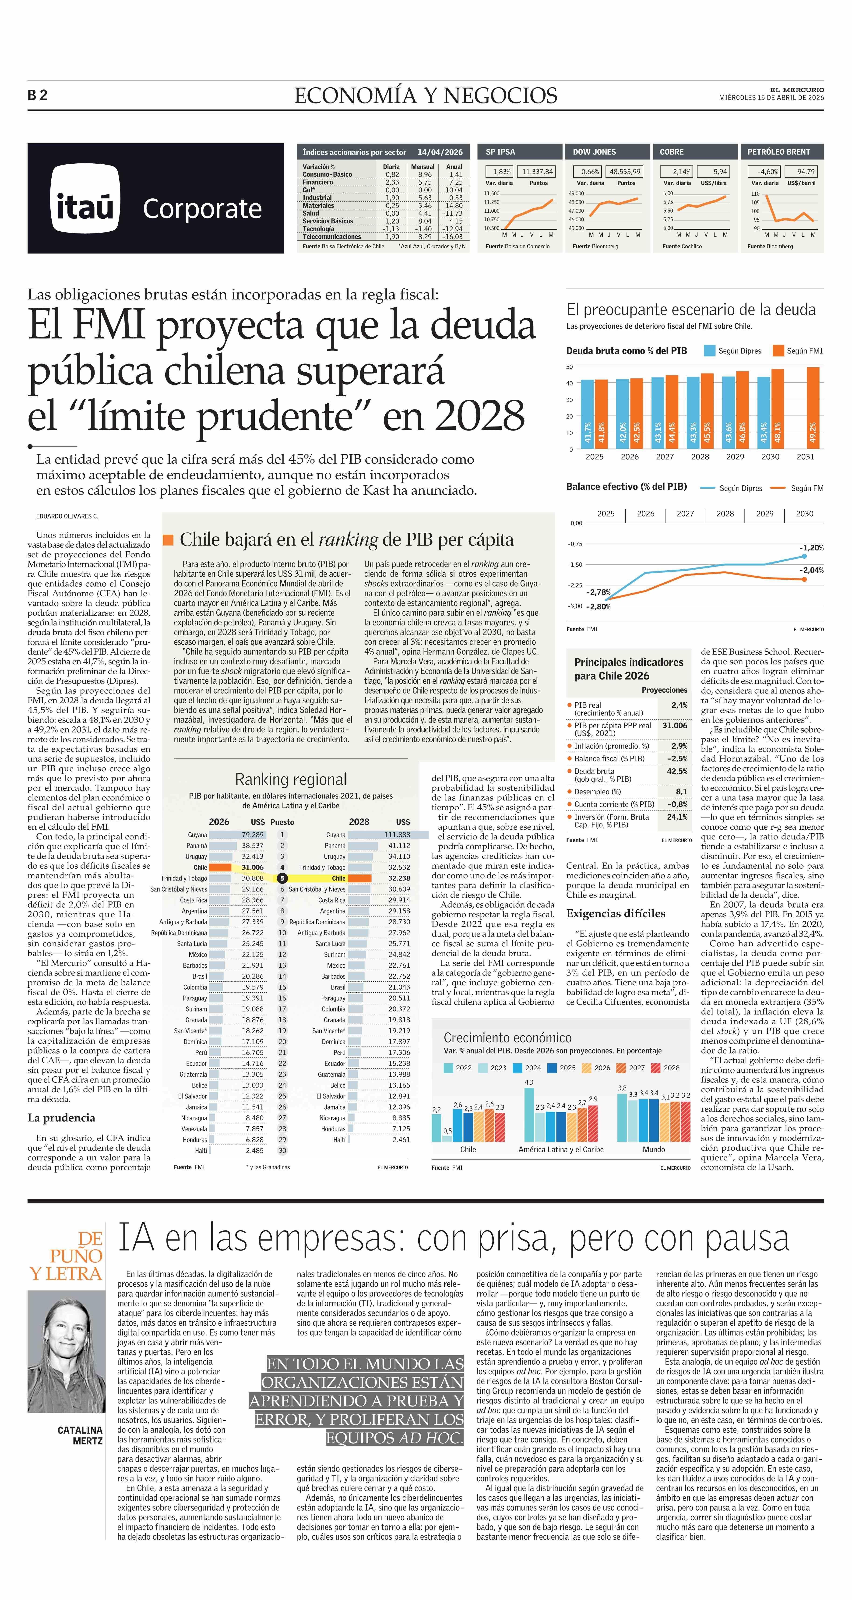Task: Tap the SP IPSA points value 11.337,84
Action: [x=537, y=171]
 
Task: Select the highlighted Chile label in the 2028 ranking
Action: [x=338, y=878]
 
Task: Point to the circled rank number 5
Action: [x=282, y=878]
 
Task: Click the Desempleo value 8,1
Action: [x=681, y=792]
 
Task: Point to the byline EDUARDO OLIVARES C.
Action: [x=67, y=516]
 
